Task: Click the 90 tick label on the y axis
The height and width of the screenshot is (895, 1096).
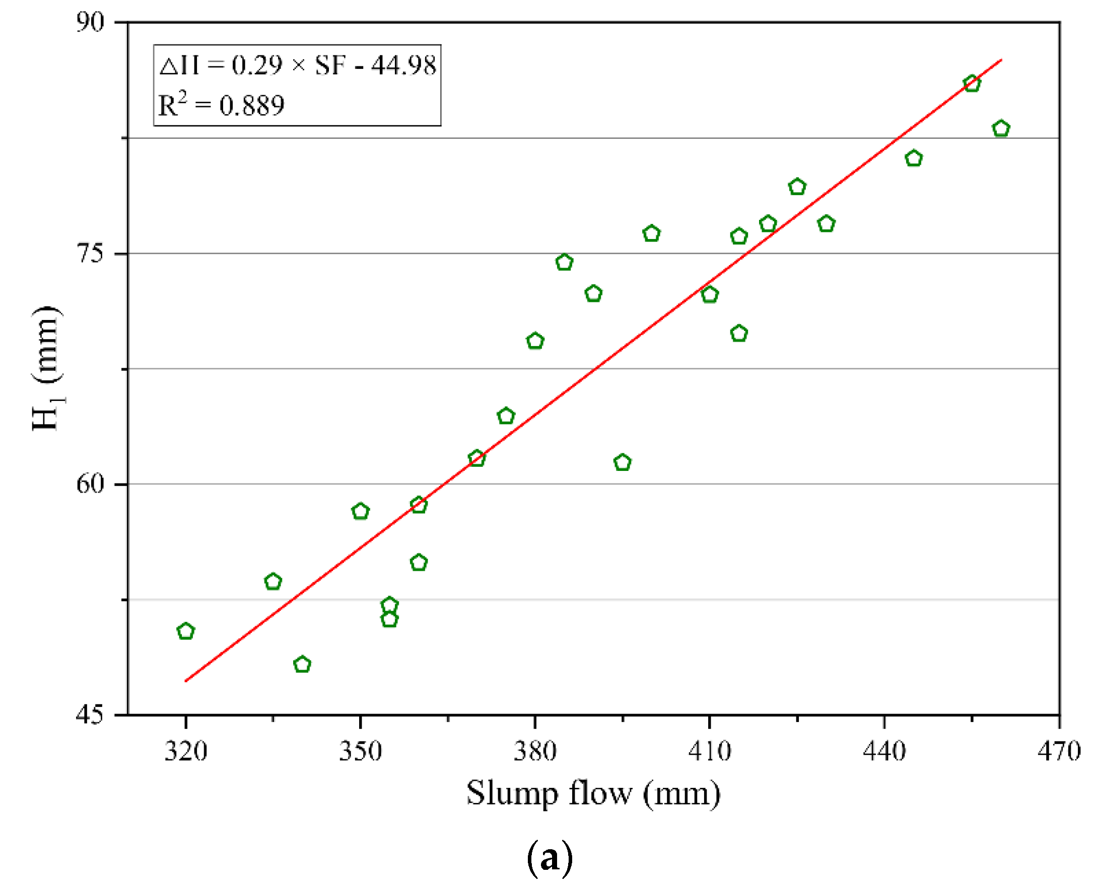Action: [90, 22]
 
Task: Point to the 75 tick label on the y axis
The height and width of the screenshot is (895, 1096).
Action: [90, 254]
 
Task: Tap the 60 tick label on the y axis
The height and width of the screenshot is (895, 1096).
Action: [90, 484]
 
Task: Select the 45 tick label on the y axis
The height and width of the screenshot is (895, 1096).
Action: [90, 715]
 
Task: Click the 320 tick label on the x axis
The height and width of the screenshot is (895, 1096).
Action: [186, 751]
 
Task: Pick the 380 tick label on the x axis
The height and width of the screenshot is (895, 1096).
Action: [535, 751]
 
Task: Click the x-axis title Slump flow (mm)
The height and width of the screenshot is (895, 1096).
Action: [593, 794]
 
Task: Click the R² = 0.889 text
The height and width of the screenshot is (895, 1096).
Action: [221, 105]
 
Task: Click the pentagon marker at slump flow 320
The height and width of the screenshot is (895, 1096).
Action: [186, 631]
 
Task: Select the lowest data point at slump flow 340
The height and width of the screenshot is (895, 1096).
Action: [302, 665]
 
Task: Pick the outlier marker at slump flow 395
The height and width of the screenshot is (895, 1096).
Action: [623, 463]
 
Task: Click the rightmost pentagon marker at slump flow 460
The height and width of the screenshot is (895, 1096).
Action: [1001, 129]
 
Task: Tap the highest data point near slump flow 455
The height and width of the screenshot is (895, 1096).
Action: [972, 84]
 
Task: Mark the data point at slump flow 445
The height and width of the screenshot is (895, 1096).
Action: [914, 159]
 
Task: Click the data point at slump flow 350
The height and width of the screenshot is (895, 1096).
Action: [361, 512]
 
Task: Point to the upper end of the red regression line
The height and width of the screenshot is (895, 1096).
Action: [1000, 61]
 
